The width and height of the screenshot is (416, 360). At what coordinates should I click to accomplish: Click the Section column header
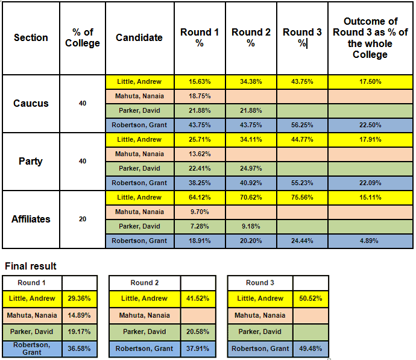coord(31,37)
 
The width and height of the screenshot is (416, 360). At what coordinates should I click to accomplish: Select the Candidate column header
coord(139,37)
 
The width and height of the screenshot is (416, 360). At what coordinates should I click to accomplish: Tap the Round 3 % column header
coord(302,37)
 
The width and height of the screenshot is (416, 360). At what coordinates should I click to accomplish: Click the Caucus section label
coord(31,103)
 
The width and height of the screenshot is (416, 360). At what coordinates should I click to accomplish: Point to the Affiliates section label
coord(31,219)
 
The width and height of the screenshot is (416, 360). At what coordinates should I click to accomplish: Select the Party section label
coord(31,161)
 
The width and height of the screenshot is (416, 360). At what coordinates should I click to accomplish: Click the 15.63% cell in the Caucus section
coord(200,81)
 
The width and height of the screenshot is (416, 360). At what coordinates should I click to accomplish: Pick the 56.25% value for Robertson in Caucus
coord(302,125)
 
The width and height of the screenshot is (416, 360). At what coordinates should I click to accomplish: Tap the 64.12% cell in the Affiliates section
coord(200,197)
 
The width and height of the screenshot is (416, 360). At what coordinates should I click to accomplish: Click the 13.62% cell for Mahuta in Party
coord(200,154)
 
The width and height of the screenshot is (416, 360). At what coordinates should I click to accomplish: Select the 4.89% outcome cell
coord(370,241)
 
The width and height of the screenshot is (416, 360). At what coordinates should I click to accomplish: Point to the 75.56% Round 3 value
coord(302,197)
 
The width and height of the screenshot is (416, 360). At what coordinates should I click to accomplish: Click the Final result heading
coord(30,266)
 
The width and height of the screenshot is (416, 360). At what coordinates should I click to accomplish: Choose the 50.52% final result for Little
coord(310,298)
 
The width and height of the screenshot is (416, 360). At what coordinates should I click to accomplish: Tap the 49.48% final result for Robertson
coord(310,348)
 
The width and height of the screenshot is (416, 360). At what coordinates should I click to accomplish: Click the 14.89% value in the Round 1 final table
coord(80,315)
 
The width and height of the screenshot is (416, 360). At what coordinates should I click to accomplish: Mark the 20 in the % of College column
coord(83,219)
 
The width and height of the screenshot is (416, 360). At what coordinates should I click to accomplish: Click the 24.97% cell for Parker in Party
coord(251,168)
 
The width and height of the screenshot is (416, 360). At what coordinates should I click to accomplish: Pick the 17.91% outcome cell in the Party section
coord(370,139)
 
